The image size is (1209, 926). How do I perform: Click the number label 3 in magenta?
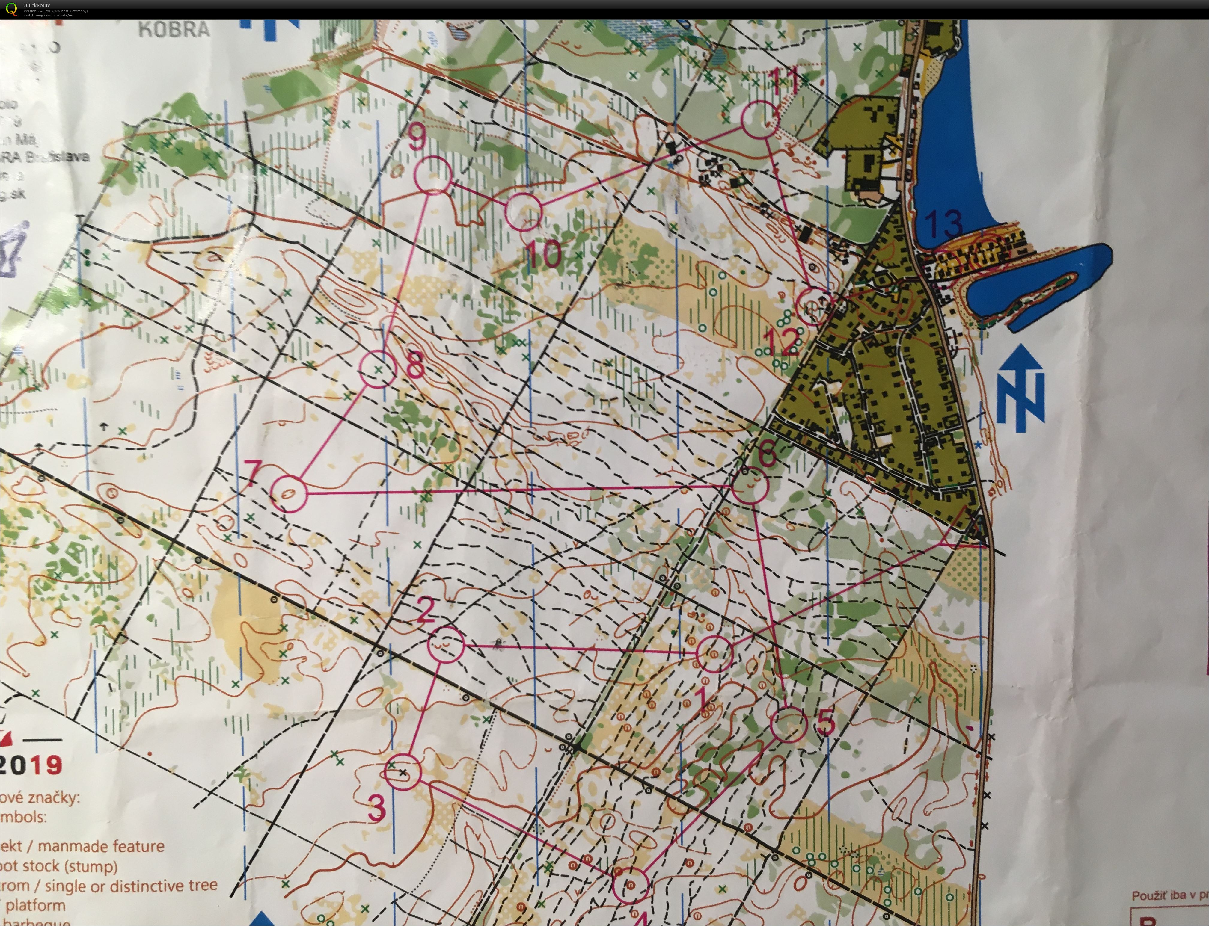tap(376, 809)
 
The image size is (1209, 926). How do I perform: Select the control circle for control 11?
tap(760, 119)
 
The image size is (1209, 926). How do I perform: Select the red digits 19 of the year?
tap(47, 765)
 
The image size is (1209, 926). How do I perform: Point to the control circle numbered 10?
tap(524, 212)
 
